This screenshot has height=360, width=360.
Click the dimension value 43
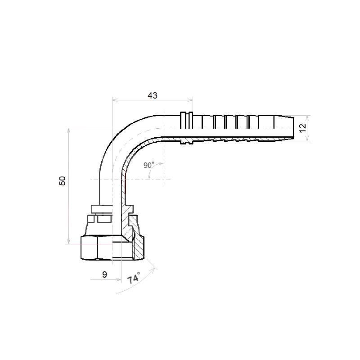(153, 95)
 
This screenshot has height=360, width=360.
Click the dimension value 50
(62, 181)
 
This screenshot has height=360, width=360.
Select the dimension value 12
(303, 128)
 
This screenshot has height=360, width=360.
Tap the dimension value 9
(104, 274)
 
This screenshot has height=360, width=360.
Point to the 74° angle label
(134, 278)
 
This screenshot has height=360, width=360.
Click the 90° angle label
(149, 165)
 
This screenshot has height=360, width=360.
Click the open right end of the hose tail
(293, 128)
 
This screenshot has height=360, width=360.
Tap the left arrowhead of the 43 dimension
(115, 100)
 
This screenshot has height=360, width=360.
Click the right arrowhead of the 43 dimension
(190, 100)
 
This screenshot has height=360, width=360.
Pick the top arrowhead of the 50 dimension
(68, 131)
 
